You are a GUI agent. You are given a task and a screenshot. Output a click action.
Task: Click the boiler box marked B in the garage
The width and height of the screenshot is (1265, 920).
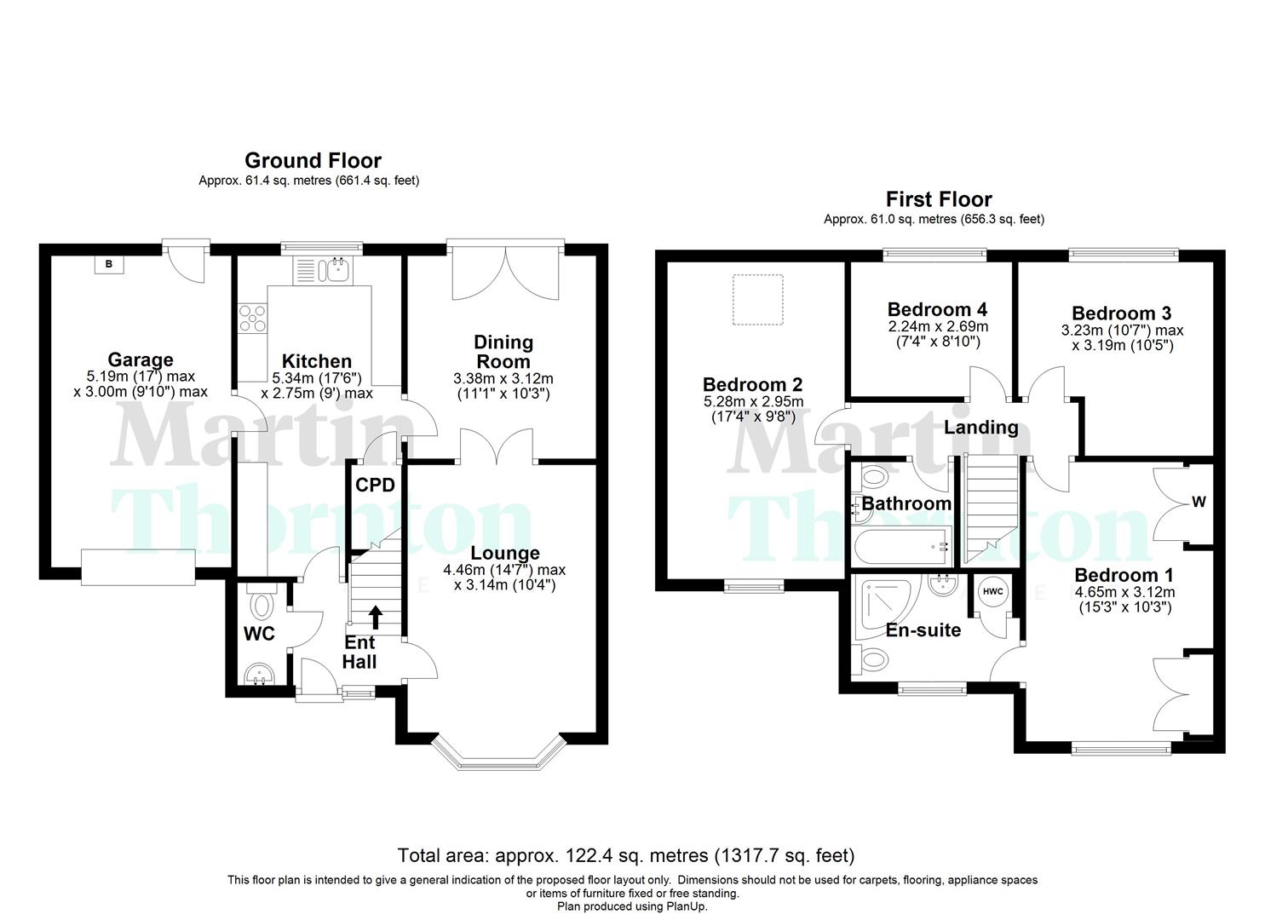108,264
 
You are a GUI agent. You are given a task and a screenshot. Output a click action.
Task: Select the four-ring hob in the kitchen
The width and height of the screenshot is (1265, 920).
253,318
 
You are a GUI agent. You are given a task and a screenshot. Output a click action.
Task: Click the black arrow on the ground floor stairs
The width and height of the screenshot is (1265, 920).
375,617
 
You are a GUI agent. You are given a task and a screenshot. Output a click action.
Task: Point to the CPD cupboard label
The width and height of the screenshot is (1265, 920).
375,486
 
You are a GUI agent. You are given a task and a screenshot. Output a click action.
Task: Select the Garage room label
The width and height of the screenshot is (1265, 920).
141,359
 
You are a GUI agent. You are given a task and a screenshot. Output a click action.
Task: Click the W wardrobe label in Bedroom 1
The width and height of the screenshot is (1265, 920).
1199,503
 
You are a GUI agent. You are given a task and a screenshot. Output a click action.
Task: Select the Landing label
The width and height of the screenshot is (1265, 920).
980,427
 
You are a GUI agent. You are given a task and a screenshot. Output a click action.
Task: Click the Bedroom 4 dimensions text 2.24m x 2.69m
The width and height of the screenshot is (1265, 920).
937,327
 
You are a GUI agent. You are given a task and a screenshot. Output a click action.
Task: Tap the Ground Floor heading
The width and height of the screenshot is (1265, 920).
313,160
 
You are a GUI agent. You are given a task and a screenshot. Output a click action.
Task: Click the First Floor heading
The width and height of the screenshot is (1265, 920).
939,199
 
